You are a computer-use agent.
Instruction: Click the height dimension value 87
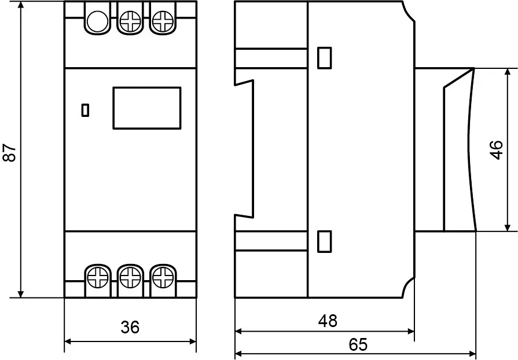click(x=10, y=152)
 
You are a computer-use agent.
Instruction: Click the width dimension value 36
click(x=130, y=327)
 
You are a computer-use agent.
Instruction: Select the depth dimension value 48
click(x=328, y=321)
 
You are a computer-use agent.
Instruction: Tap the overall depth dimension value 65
click(x=358, y=344)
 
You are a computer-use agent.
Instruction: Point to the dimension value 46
click(x=496, y=150)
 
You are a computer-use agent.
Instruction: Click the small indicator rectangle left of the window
click(x=85, y=110)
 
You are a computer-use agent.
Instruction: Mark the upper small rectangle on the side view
click(x=325, y=58)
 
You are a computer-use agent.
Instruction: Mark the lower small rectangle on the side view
click(x=325, y=241)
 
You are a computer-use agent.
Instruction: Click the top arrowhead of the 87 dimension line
click(x=21, y=5)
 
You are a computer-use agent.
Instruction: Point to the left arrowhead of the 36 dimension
click(x=68, y=341)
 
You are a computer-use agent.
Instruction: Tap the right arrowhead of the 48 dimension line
click(x=410, y=331)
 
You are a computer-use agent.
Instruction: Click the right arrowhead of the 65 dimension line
click(x=472, y=354)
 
